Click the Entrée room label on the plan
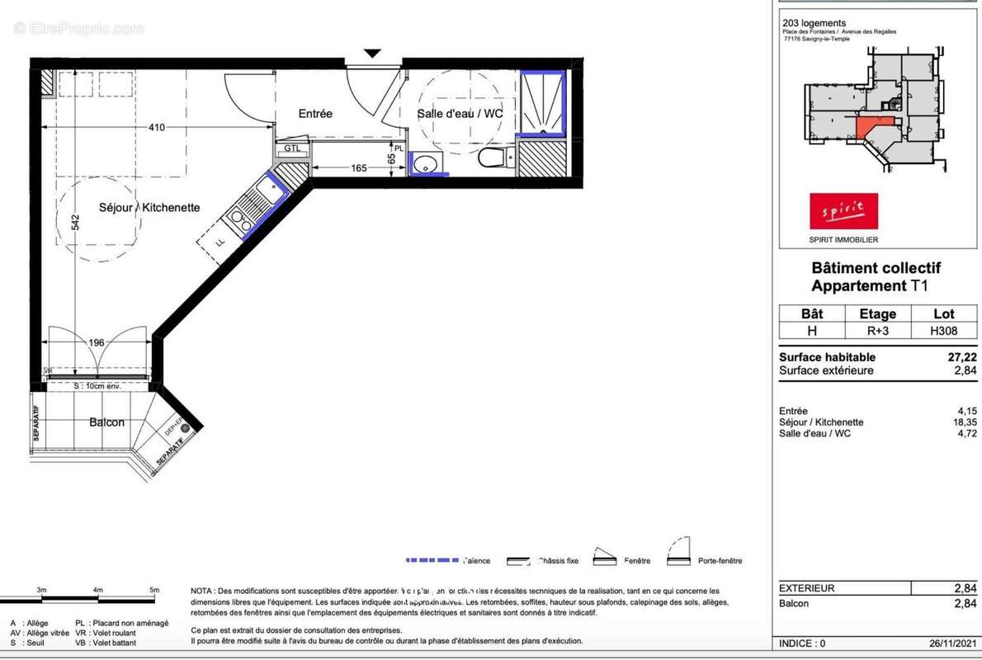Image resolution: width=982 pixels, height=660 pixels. pyautogui.click(x=315, y=114)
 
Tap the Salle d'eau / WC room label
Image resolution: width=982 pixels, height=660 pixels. pyautogui.click(x=460, y=114)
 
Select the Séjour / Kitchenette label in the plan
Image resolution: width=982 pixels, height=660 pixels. pyautogui.click(x=149, y=208)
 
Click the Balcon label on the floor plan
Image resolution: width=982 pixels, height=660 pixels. pyautogui.click(x=106, y=422)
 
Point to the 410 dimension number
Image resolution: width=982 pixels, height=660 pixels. pyautogui.click(x=157, y=127)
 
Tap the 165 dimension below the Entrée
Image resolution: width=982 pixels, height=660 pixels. pyautogui.click(x=359, y=168)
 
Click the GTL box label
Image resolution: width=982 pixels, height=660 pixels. pyautogui.click(x=292, y=148)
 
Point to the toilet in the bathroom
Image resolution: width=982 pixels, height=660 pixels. pyautogui.click(x=493, y=157)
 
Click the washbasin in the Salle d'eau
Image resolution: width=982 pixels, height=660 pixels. pyautogui.click(x=426, y=163)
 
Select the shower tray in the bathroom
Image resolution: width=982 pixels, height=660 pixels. pyautogui.click(x=542, y=104)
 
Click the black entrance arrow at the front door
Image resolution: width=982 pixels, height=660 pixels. pyautogui.click(x=372, y=53)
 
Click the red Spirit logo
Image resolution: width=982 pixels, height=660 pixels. pyautogui.click(x=843, y=210)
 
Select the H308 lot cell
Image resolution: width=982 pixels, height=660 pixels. pyautogui.click(x=943, y=331)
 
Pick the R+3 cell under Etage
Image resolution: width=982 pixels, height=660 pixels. pyautogui.click(x=877, y=331)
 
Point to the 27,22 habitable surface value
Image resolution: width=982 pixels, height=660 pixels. pyautogui.click(x=962, y=357)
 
